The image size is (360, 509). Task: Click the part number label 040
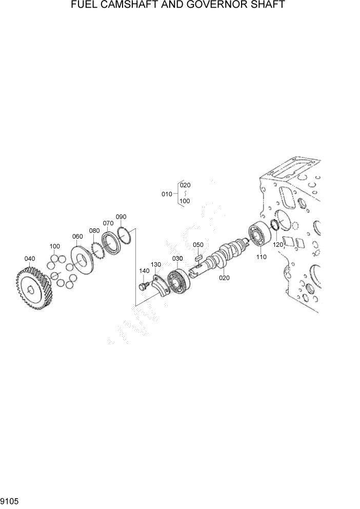[30, 258]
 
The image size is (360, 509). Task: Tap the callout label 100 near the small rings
[55, 246]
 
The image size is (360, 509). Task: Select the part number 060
[77, 237]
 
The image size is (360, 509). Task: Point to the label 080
[94, 230]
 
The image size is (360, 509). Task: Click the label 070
[108, 223]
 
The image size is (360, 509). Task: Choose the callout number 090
[121, 217]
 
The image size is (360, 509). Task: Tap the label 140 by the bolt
[144, 270]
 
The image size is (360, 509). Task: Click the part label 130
[156, 264]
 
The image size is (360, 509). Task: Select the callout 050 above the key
[198, 245]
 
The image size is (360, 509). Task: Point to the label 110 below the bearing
[262, 257]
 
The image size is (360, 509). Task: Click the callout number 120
[278, 245]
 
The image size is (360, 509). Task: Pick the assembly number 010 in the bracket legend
[167, 194]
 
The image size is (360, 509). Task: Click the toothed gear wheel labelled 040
[33, 290]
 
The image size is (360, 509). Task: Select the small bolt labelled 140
[144, 283]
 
